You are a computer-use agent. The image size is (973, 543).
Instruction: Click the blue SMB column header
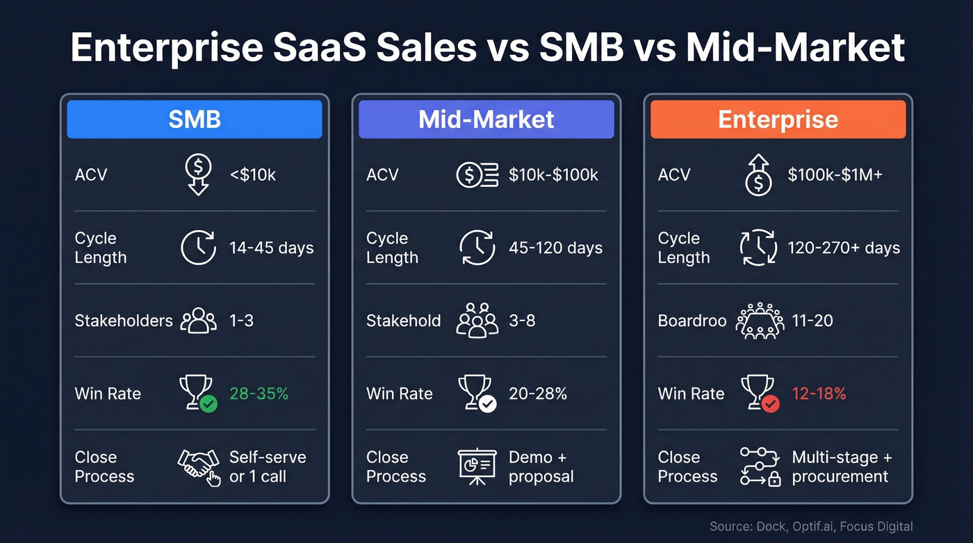194,120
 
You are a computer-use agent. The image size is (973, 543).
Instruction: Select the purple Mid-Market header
486,120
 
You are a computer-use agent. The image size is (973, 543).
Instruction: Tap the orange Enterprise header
778,120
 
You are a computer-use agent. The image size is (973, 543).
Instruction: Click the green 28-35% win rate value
259,394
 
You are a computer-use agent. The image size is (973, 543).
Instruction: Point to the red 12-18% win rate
819,394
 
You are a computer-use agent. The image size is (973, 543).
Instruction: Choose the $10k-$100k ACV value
553,175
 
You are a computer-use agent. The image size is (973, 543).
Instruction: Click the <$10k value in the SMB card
252,175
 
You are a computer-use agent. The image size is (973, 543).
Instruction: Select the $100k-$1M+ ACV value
835,175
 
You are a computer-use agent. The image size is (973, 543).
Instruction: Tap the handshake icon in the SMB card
199,467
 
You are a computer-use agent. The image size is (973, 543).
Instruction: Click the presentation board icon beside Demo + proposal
477,467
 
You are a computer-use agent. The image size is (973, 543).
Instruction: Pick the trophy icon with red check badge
759,394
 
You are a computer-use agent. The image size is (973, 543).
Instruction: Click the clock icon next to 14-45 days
199,248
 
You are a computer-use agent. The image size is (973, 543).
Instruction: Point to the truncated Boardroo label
692,321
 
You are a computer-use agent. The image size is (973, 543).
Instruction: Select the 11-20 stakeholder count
812,321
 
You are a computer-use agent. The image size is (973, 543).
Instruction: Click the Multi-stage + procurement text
841,467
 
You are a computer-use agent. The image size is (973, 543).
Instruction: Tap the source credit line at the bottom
811,526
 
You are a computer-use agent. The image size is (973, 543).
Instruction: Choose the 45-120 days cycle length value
555,248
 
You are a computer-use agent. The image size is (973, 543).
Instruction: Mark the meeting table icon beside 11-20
759,321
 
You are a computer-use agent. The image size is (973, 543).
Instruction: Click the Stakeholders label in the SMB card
123,321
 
